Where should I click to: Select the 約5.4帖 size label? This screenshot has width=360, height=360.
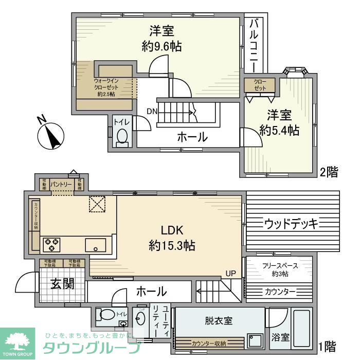click(279, 130)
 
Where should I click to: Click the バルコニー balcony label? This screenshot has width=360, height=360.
click(254, 45)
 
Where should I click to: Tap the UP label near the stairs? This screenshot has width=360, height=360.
click(230, 273)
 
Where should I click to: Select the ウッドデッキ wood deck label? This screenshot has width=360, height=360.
click(292, 224)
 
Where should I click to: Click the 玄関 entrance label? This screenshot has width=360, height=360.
click(63, 283)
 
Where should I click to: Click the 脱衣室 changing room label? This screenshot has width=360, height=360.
click(218, 321)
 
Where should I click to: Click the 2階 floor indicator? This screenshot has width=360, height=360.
click(329, 172)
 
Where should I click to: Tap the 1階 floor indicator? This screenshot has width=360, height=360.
click(329, 345)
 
